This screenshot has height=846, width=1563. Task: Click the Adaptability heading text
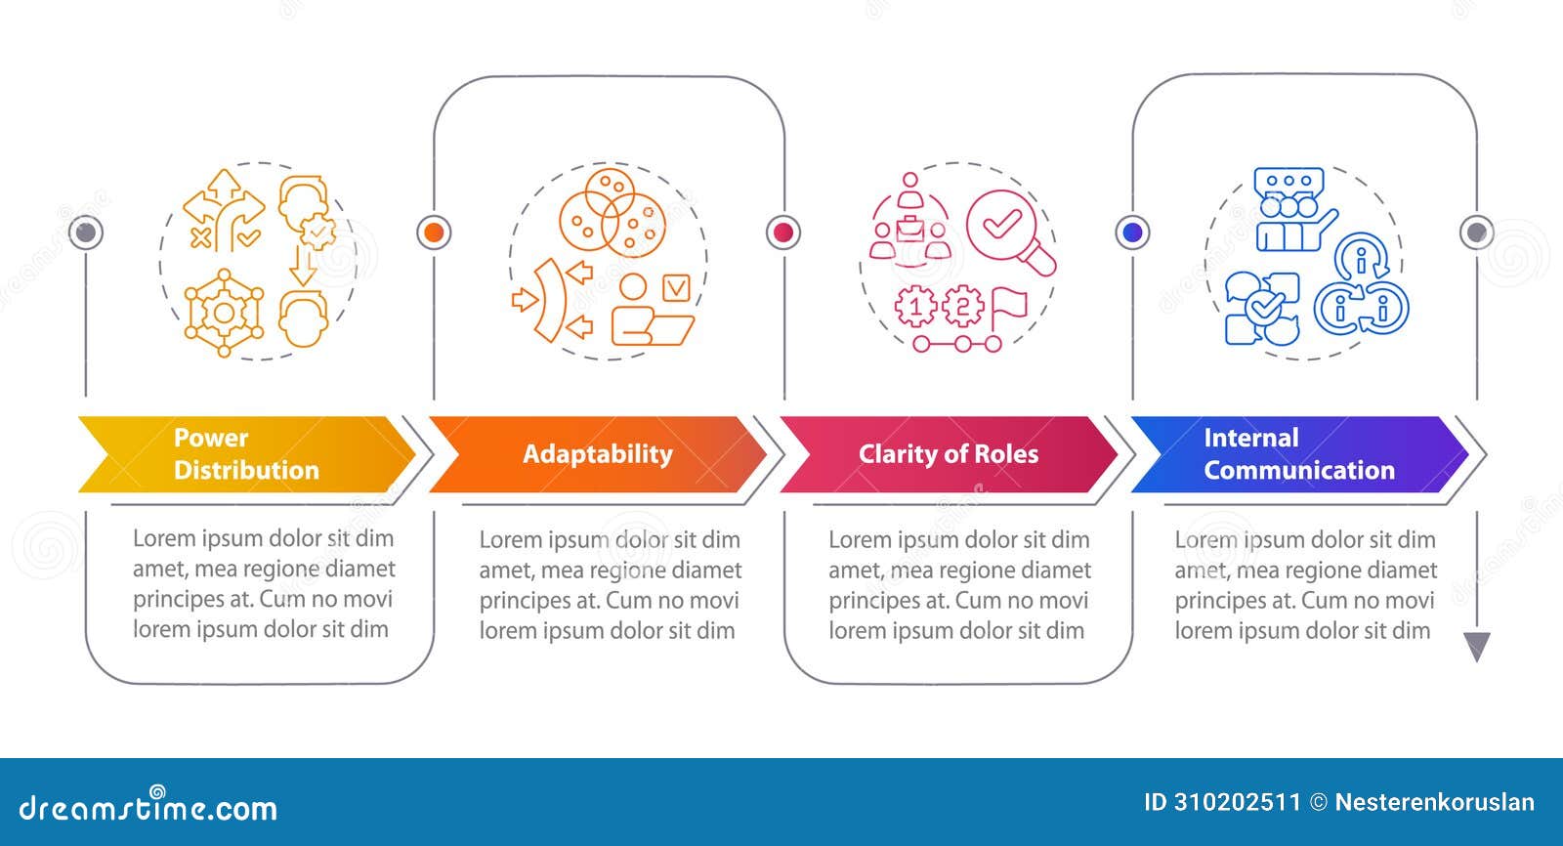(x=597, y=454)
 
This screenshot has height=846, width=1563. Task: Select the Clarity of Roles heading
(x=948, y=454)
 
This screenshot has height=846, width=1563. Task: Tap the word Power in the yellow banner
(x=211, y=438)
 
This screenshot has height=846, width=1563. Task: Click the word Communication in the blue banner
(x=1298, y=470)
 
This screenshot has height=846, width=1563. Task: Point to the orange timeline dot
(x=434, y=233)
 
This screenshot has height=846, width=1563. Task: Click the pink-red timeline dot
(x=782, y=233)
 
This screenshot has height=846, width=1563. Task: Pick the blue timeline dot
(x=1132, y=233)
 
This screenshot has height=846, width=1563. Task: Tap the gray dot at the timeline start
(x=87, y=233)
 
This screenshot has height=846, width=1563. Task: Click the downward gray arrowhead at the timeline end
(x=1476, y=647)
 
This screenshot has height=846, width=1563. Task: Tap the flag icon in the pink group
(x=1008, y=307)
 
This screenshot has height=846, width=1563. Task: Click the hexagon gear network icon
(x=224, y=313)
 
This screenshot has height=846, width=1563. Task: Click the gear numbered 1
(x=915, y=307)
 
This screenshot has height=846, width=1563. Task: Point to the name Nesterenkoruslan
(x=1434, y=803)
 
